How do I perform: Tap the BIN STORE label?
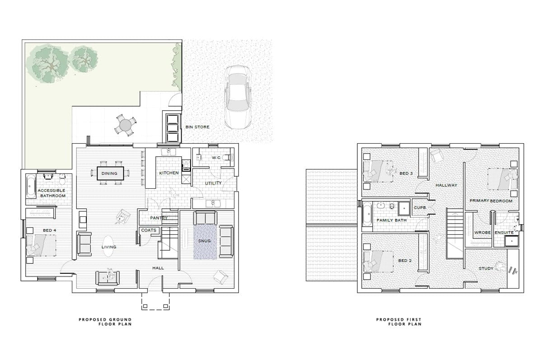[x=197, y=127]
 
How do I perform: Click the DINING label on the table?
[x=109, y=173]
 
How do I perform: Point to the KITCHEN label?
[x=169, y=173]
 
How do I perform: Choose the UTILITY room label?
[x=213, y=183]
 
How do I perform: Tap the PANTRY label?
[x=159, y=218]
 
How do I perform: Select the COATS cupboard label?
[x=149, y=230]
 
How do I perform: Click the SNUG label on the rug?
[x=205, y=241]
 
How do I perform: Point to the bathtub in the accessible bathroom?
[x=30, y=186]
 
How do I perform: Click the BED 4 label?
[x=49, y=231]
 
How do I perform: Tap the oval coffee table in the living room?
[x=109, y=247]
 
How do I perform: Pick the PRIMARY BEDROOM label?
[x=491, y=201]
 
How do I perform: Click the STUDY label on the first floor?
[x=486, y=269]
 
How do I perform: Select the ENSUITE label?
[x=504, y=233]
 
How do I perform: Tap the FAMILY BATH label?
[x=392, y=220]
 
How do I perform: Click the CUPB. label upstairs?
[x=420, y=207]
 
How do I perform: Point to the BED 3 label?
[x=406, y=173]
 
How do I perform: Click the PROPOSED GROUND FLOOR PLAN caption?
[x=105, y=322]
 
